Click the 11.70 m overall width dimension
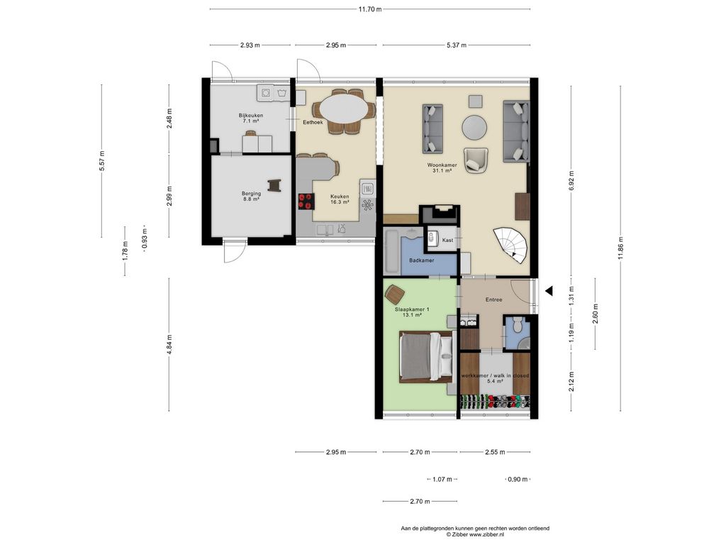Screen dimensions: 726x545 click(369, 9)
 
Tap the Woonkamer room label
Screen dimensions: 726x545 click(442, 165)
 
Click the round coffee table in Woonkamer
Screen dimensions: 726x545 click(474, 127)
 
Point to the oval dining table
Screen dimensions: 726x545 click(345, 111)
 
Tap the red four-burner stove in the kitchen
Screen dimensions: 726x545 click(305, 201)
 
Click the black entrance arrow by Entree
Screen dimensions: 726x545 click(549, 291)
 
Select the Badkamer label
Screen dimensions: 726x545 click(421, 260)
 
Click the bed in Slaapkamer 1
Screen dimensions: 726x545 click(426, 357)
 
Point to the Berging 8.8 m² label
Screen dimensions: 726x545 click(251, 196)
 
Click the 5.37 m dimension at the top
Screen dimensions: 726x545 click(457, 45)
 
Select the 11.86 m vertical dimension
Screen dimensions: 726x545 click(620, 248)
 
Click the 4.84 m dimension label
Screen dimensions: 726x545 click(169, 344)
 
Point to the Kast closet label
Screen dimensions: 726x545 click(447, 240)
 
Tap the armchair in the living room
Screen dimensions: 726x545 click(476, 160)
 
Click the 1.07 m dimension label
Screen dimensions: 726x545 click(442, 479)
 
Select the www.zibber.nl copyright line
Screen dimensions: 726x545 click(474, 534)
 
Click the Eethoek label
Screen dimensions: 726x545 click(313, 122)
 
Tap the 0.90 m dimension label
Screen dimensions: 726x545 click(518, 479)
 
